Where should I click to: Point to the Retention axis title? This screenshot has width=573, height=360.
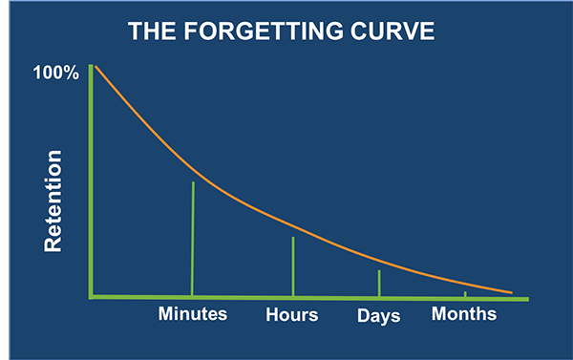point(53,201)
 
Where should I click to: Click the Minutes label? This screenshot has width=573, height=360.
point(192,314)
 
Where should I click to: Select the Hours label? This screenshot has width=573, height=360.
point(292,314)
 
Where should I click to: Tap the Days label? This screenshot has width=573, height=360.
point(378,315)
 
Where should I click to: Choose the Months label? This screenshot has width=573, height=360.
point(464,313)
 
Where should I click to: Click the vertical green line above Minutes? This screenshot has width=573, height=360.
point(193,239)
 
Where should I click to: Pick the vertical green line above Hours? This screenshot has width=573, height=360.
point(293,267)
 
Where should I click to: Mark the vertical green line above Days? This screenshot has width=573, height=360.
point(379,284)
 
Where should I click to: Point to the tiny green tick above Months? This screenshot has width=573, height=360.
point(465,294)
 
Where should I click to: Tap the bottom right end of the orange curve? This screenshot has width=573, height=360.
point(511,292)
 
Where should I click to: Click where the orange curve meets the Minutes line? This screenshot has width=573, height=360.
point(194,181)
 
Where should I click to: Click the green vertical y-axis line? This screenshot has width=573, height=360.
point(91,181)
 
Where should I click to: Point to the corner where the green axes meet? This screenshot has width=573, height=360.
point(91,297)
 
